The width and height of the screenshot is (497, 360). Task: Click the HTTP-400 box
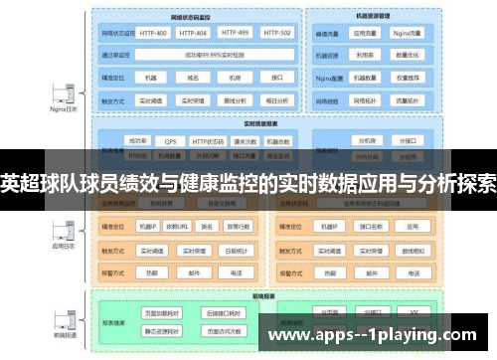153,33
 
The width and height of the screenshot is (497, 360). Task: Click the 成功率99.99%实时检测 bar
212,55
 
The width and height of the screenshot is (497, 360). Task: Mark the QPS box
171,141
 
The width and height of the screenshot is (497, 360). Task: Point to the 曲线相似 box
413,251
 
